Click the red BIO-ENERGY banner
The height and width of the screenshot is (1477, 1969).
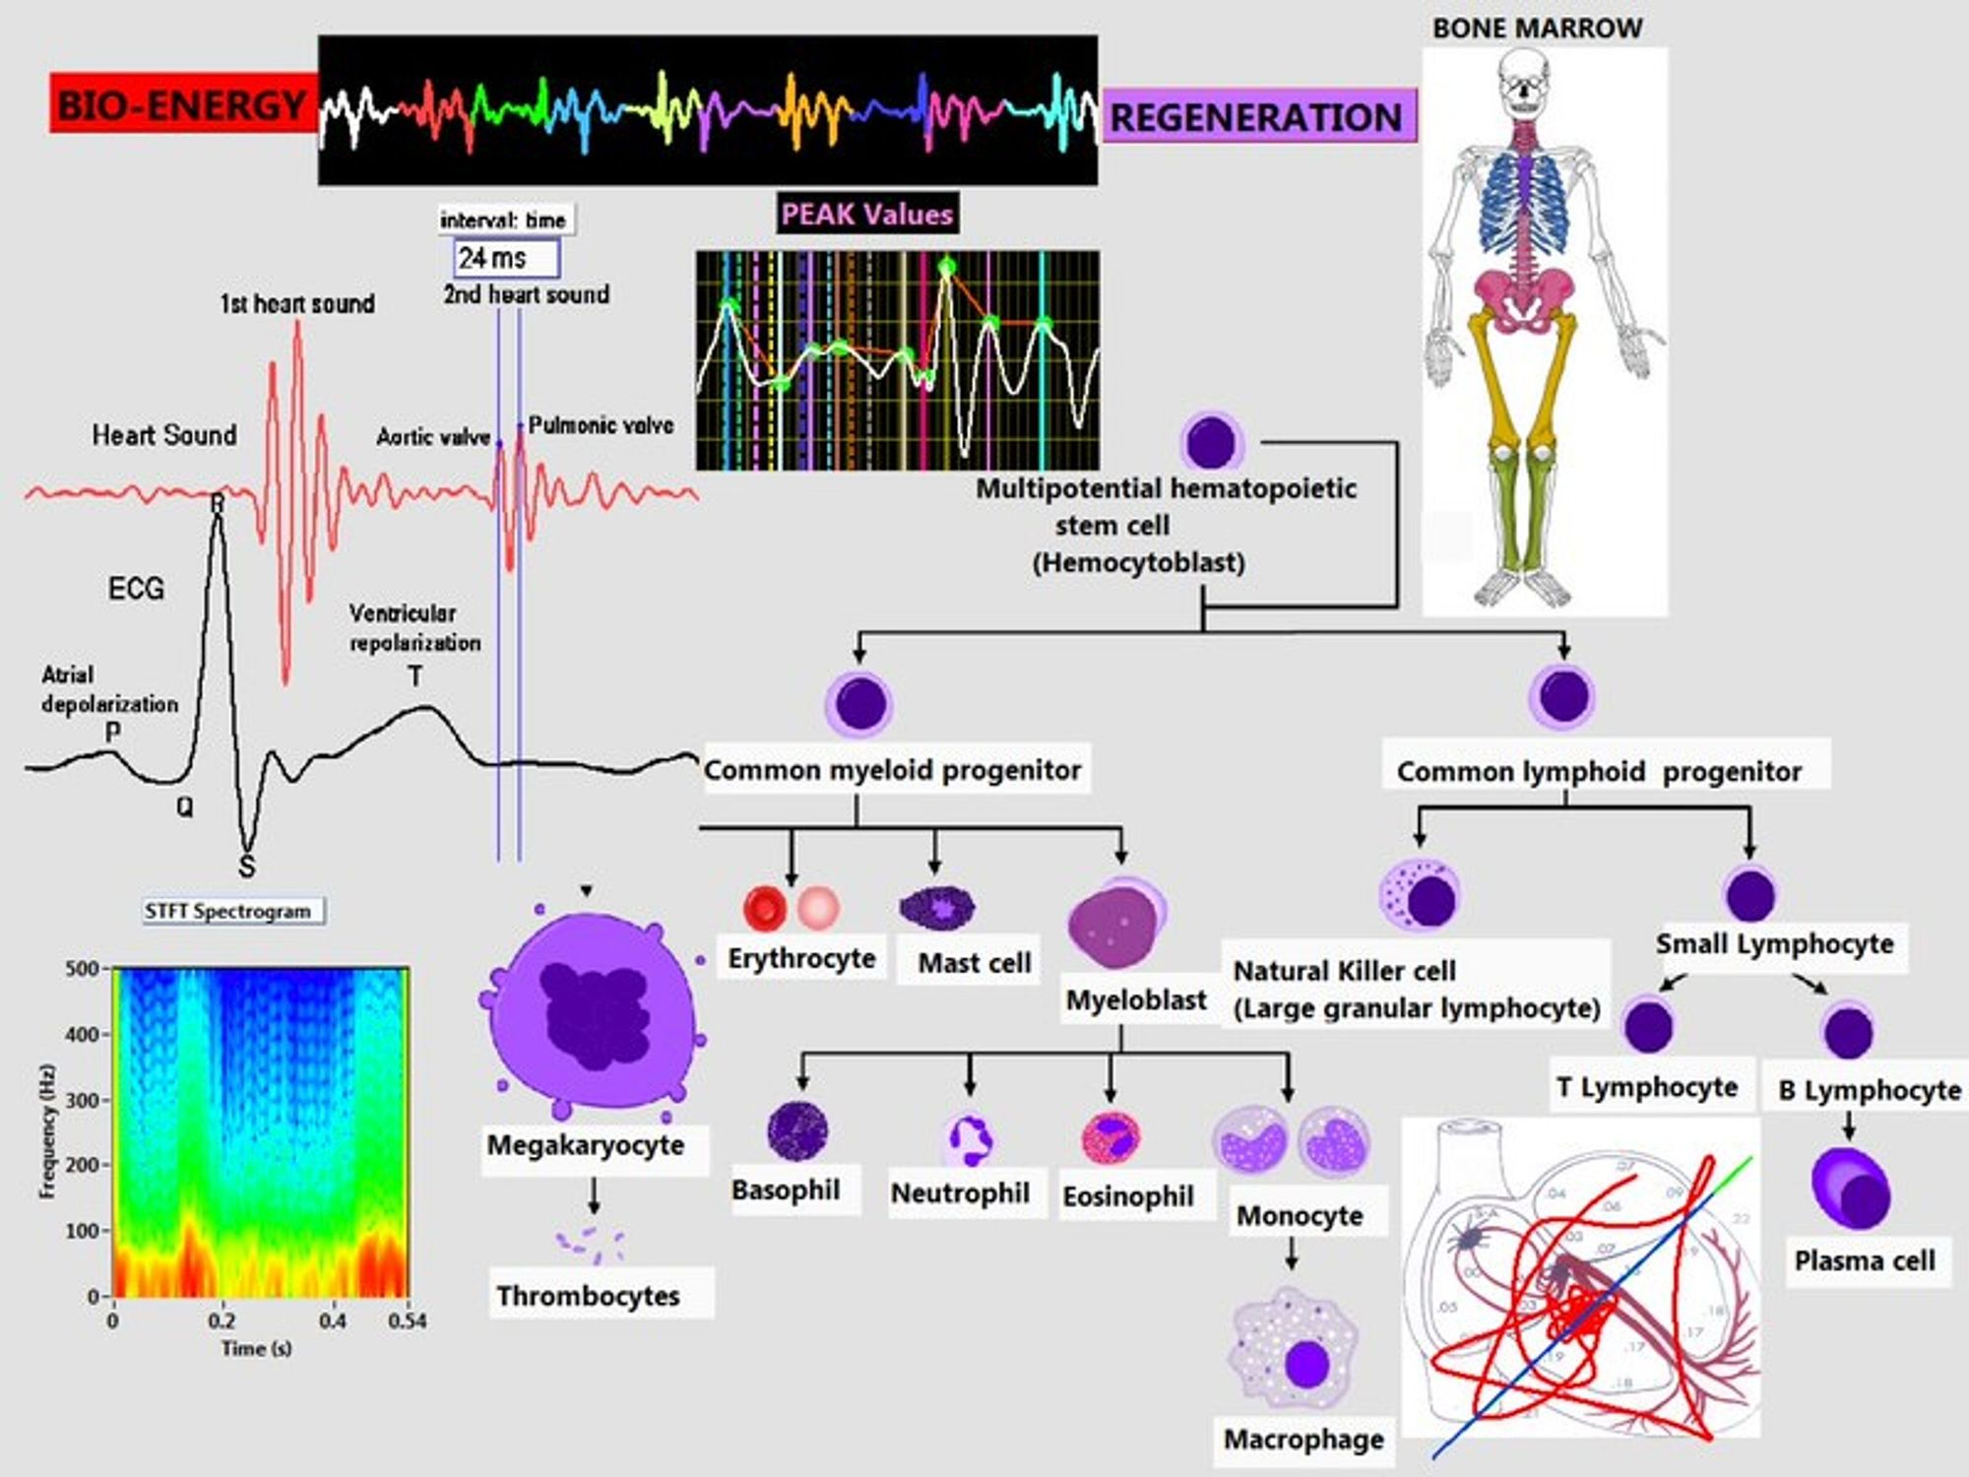click(183, 104)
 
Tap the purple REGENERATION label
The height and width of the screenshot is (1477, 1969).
click(1256, 117)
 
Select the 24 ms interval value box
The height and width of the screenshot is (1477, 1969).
click(506, 258)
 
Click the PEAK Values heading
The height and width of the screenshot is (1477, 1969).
click(866, 214)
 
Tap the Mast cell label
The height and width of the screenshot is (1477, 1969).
click(974, 962)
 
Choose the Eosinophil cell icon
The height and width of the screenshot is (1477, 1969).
click(1112, 1138)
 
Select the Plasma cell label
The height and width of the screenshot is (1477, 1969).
click(1865, 1260)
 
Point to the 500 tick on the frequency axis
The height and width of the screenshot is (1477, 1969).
click(83, 969)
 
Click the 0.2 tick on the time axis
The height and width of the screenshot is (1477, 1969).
click(222, 1320)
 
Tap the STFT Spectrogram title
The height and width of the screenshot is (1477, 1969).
click(228, 911)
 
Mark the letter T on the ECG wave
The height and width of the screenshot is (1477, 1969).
click(415, 676)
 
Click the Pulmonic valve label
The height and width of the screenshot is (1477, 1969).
click(601, 425)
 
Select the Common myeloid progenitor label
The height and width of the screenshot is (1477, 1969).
click(892, 770)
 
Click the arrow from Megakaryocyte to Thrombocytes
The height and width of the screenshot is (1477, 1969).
click(594, 1195)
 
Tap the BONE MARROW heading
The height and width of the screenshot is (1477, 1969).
click(1537, 29)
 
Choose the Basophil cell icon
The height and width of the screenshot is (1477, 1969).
click(796, 1131)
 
